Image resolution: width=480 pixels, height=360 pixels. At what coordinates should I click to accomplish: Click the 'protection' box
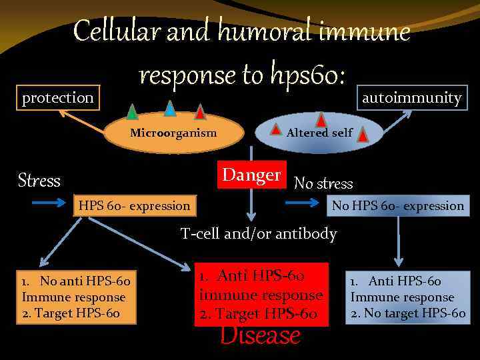click(58, 98)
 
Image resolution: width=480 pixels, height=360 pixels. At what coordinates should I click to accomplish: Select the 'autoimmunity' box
click(411, 98)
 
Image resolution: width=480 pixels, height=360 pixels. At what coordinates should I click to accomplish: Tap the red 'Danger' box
click(252, 175)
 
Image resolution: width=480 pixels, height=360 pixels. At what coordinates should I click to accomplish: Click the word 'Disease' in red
click(260, 335)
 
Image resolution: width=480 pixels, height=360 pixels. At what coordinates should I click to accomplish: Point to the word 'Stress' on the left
click(39, 181)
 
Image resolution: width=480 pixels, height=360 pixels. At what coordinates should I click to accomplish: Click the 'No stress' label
click(323, 183)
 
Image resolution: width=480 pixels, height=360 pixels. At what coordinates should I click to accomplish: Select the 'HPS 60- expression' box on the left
click(135, 205)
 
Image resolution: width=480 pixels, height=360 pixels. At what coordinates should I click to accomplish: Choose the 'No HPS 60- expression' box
click(397, 205)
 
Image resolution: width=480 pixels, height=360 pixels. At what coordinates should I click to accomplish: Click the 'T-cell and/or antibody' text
click(259, 233)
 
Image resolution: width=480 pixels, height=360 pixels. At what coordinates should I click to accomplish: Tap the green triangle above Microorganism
click(132, 112)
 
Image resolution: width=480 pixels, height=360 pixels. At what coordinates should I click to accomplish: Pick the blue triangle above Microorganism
click(170, 108)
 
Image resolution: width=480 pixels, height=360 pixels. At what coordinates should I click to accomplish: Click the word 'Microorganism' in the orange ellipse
click(173, 133)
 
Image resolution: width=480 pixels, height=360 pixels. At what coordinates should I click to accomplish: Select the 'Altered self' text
click(319, 133)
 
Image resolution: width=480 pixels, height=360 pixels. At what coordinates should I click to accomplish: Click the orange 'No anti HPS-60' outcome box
click(76, 297)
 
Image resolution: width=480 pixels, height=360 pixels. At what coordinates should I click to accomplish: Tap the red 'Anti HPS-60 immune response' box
click(261, 295)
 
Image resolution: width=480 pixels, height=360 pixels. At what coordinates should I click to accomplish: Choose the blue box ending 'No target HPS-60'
click(407, 297)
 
